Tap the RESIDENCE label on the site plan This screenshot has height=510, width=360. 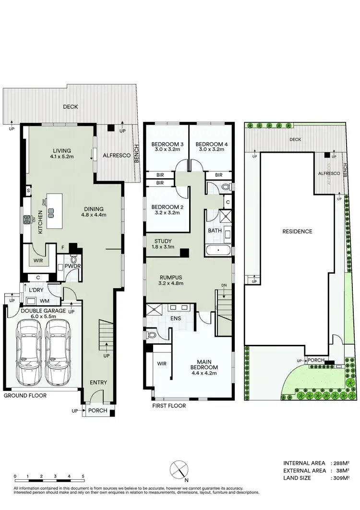point(297,231)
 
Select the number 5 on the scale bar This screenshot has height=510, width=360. point(83,476)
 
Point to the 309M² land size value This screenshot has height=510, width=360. point(342,478)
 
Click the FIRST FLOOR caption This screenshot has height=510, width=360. point(169,406)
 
